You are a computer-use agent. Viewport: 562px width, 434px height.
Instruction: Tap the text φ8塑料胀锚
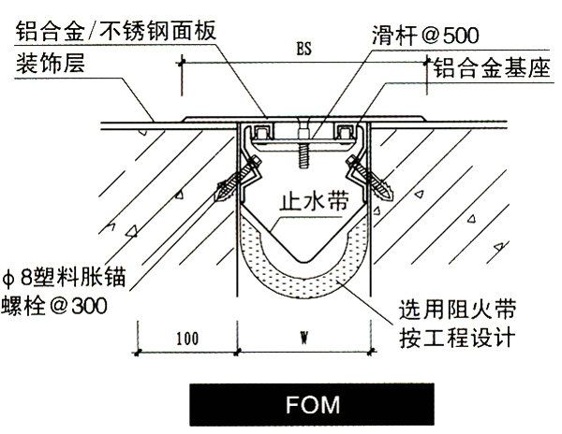click(66, 278)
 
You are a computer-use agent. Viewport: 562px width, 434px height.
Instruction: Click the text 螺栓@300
click(59, 306)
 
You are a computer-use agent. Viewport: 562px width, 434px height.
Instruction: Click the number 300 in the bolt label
click(87, 306)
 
